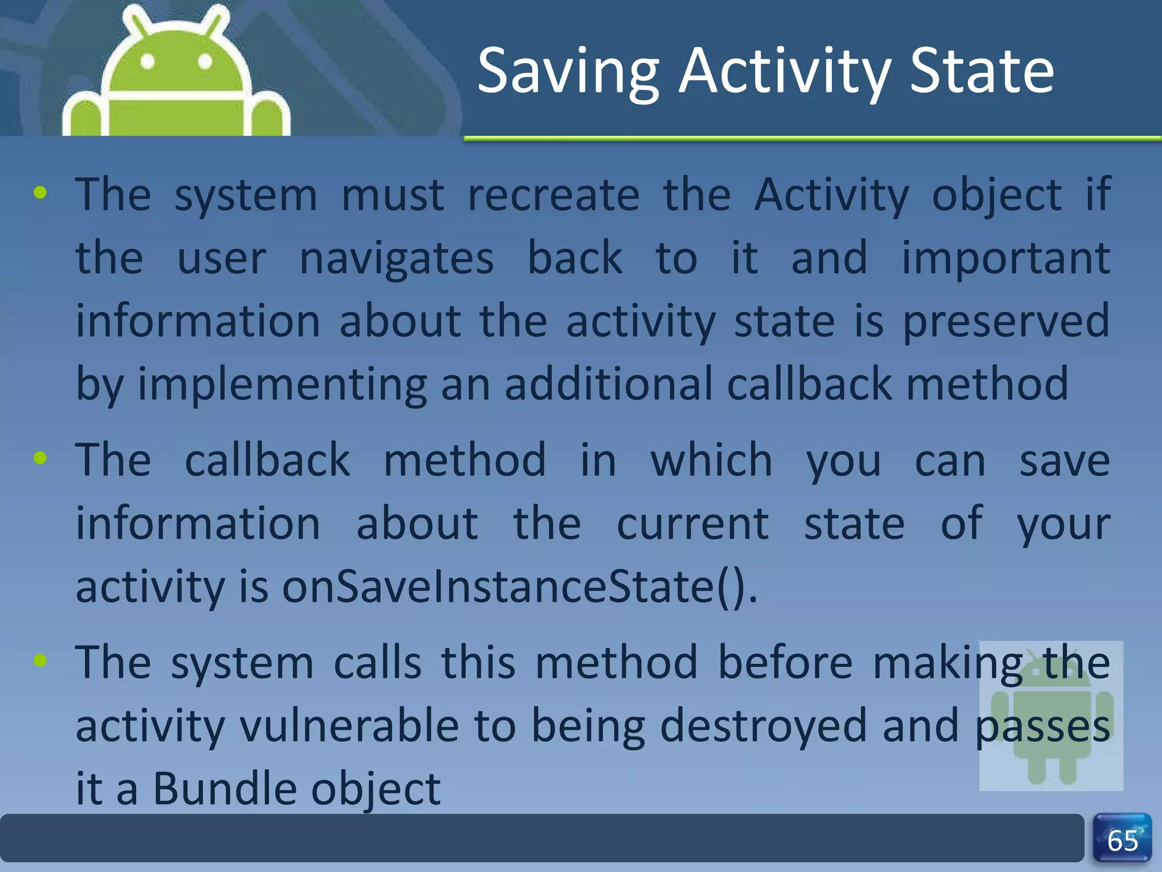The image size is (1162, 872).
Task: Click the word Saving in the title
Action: (x=567, y=73)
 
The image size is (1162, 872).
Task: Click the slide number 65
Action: (x=1122, y=841)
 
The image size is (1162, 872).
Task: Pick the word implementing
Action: (x=282, y=385)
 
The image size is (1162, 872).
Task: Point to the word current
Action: (x=692, y=523)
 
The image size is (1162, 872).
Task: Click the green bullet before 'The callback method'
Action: (x=40, y=458)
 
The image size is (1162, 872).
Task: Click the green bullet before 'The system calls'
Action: (x=40, y=660)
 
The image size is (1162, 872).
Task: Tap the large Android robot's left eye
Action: (x=148, y=61)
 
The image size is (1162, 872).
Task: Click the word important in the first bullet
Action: (x=1005, y=259)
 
